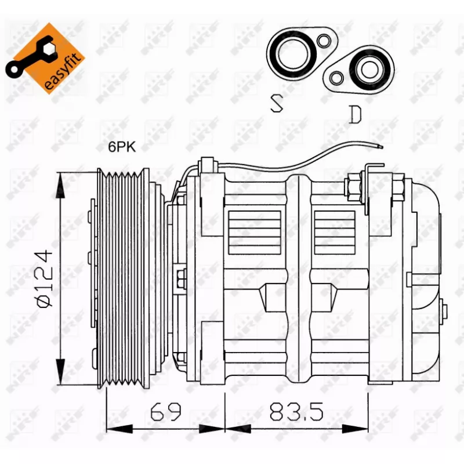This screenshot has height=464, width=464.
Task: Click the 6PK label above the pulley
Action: pos(122,147)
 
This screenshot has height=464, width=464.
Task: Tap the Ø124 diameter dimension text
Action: pos(45,279)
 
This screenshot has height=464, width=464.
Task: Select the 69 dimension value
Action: pos(165,411)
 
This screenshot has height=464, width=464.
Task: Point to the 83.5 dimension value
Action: pos(296,411)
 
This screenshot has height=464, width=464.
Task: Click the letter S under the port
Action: pos(277,103)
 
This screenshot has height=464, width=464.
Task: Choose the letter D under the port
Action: pos(355,114)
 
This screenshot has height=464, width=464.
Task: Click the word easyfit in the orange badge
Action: pos(62,72)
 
